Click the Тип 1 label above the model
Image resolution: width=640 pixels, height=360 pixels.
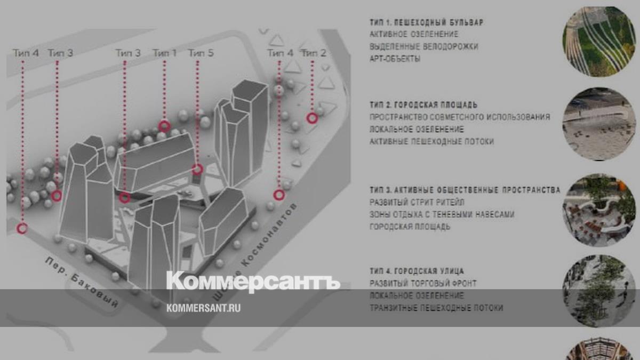coord(164,53)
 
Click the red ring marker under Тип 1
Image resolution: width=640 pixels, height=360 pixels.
coord(164,126)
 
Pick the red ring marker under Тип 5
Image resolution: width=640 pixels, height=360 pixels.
coord(197,169)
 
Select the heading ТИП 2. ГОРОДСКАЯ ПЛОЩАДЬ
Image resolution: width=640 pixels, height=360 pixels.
coord(423,105)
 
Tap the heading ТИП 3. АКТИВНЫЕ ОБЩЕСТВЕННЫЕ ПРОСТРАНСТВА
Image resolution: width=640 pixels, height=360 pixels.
coord(465,190)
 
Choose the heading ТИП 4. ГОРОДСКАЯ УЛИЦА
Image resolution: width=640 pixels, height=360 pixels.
coord(417,271)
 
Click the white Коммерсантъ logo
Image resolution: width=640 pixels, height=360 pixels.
coord(253,282)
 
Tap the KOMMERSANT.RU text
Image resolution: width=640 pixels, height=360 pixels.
coord(203,308)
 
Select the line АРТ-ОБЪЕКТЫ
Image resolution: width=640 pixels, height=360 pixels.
coord(395,59)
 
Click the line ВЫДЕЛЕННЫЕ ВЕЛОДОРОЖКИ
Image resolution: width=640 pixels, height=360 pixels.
coord(423,46)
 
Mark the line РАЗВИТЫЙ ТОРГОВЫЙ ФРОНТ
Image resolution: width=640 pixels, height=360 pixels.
coord(423,283)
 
